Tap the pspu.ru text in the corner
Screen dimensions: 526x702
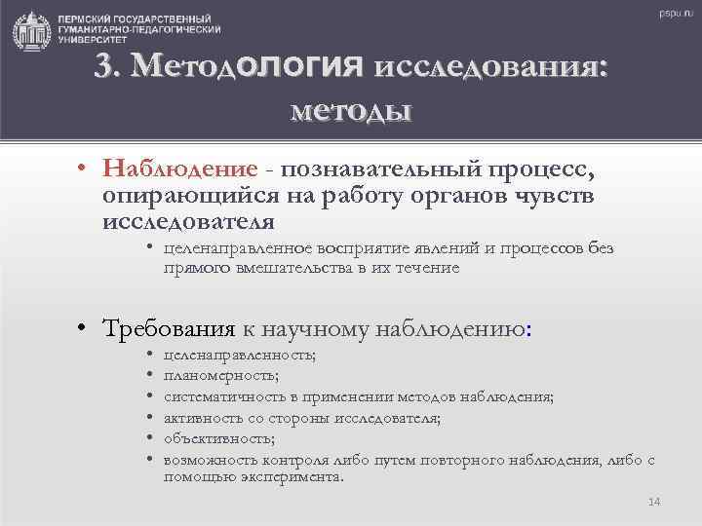coord(674,13)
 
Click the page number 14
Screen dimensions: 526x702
coord(653,502)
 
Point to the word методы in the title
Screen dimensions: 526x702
coord(351,110)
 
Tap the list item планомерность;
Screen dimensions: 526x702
coord(222,375)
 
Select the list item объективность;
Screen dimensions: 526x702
coord(218,438)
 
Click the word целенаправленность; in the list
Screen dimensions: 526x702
coord(240,356)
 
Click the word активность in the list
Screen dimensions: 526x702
coord(200,418)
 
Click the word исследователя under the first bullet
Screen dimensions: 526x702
coord(181,221)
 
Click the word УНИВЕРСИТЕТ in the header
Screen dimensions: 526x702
coord(93,43)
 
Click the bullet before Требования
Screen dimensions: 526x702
coord(87,330)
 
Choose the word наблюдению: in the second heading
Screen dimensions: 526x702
coord(455,329)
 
